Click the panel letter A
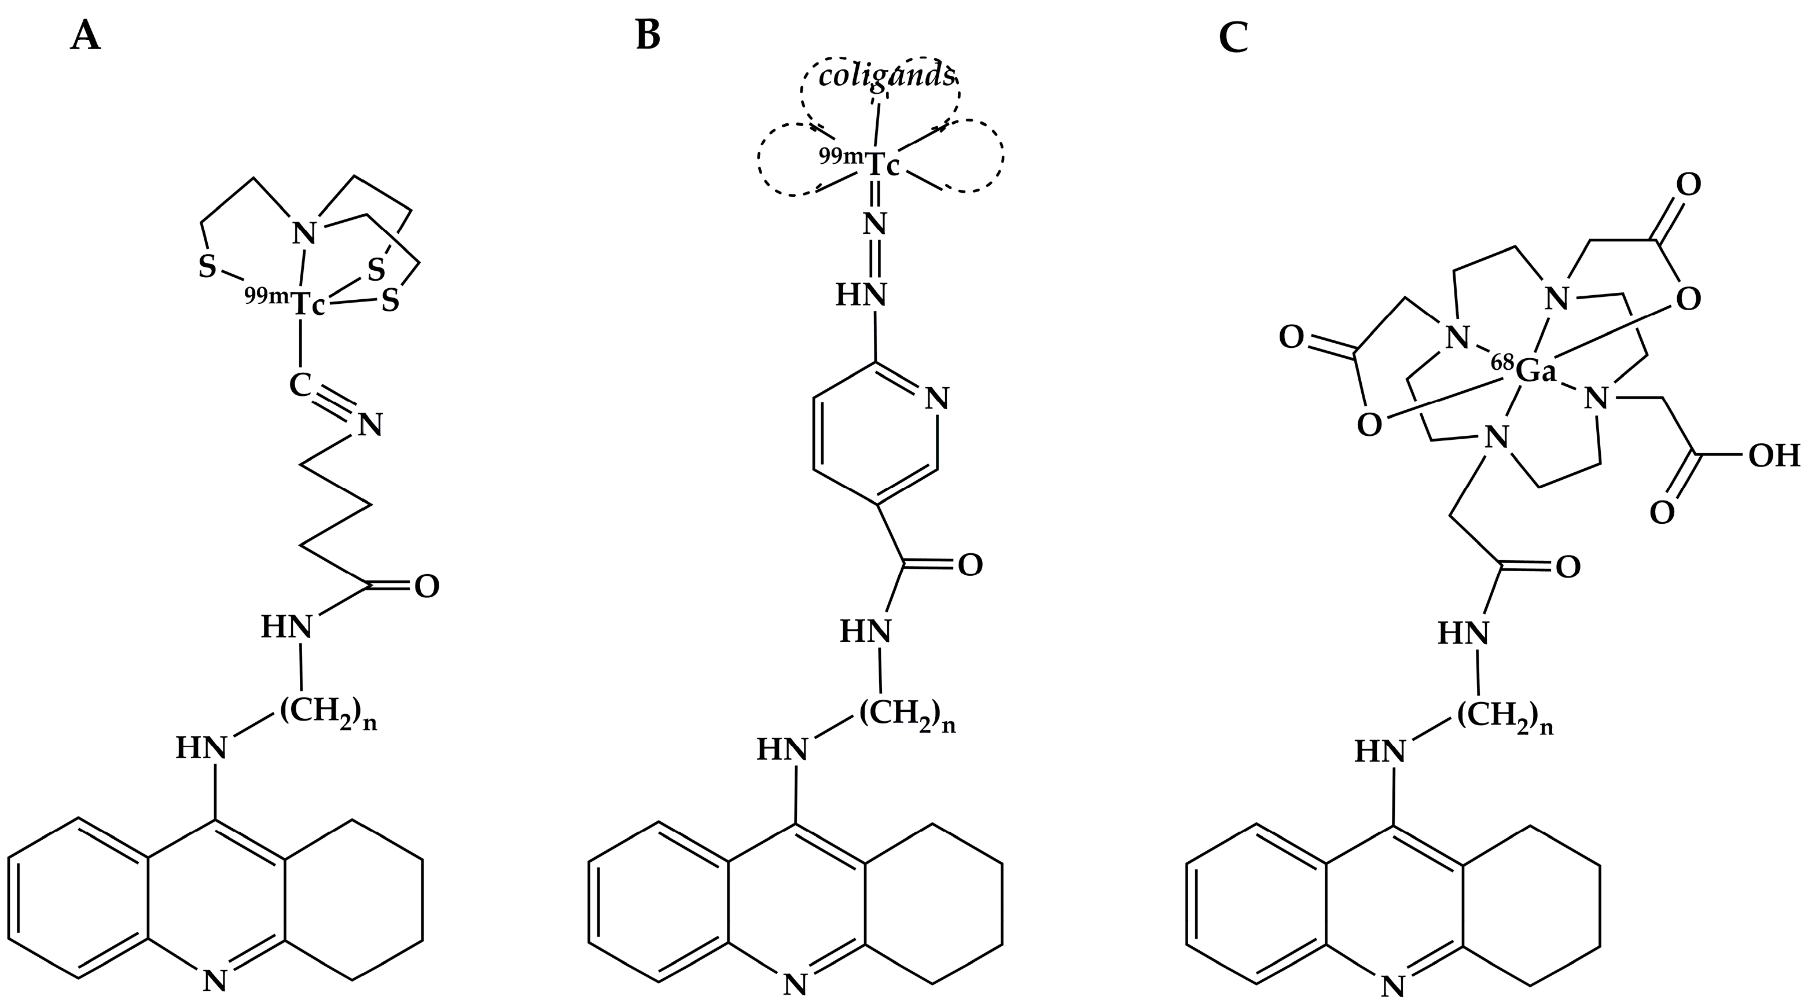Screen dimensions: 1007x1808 [x=86, y=36]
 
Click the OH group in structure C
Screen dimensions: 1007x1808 [x=1774, y=457]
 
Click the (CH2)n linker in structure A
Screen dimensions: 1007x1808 [x=329, y=713]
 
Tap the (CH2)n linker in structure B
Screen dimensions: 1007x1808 [x=907, y=715]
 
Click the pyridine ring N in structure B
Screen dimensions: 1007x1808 [x=936, y=399]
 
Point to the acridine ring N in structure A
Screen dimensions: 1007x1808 [x=215, y=980]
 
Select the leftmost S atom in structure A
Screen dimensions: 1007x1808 [x=207, y=267]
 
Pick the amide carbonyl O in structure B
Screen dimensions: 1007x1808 [x=970, y=565]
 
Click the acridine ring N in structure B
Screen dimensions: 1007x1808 [x=795, y=984]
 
